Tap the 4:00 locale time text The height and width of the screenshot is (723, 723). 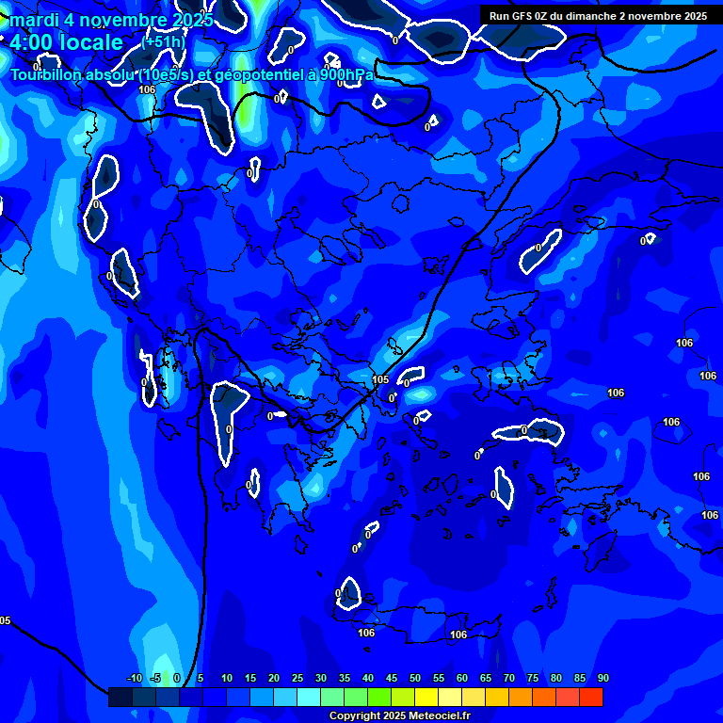pyautogui.click(x=66, y=42)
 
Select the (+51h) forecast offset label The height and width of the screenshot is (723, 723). pyautogui.click(x=164, y=42)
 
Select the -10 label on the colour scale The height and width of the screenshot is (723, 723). pyautogui.click(x=134, y=679)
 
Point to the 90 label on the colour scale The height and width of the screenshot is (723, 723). pyautogui.click(x=602, y=679)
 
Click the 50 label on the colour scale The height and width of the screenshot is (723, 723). pyautogui.click(x=414, y=679)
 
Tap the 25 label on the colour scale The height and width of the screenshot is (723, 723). pyautogui.click(x=297, y=679)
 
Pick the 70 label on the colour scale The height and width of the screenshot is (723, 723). pyautogui.click(x=508, y=679)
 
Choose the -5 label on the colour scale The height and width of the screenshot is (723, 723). pyautogui.click(x=157, y=679)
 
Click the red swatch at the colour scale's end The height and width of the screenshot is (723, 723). pyautogui.click(x=590, y=697)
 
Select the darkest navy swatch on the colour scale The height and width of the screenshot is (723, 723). pyautogui.click(x=120, y=697)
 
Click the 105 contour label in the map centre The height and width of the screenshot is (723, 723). pyautogui.click(x=380, y=379)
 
